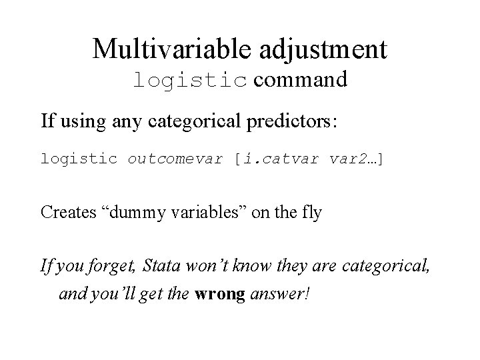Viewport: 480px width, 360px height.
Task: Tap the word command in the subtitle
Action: (x=300, y=80)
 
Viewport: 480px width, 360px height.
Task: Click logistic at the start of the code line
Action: (x=79, y=159)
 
